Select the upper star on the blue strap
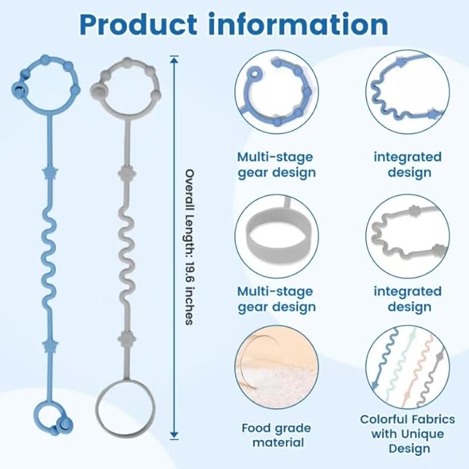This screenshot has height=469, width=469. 49,171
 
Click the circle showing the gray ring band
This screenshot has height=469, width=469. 276,236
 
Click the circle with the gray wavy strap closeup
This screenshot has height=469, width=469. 408,236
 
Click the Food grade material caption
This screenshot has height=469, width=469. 276,435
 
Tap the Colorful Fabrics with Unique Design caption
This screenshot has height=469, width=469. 408,434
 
